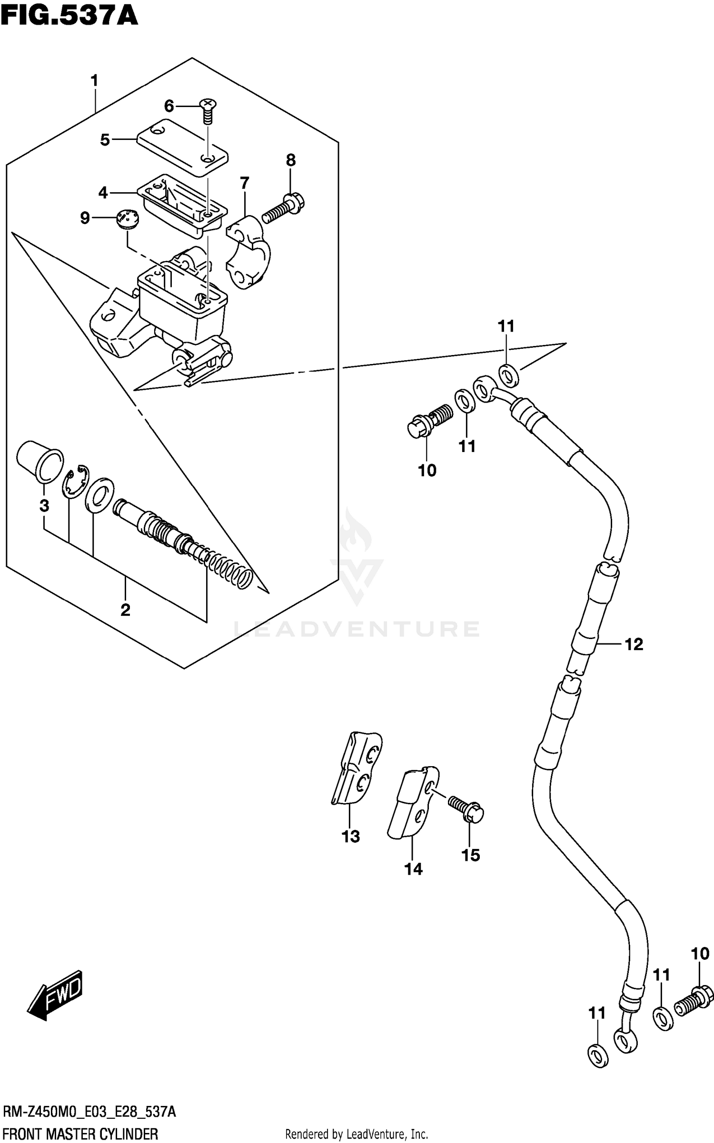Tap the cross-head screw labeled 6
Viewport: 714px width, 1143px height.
pyautogui.click(x=207, y=111)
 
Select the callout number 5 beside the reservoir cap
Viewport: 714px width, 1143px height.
pyautogui.click(x=105, y=140)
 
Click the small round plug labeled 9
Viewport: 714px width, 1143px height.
pyautogui.click(x=128, y=220)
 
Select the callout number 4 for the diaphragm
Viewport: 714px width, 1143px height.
pyautogui.click(x=103, y=193)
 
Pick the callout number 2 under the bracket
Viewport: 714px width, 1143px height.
pyautogui.click(x=125, y=610)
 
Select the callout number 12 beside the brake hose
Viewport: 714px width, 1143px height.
pyautogui.click(x=634, y=644)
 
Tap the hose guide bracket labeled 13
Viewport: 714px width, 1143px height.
pyautogui.click(x=357, y=770)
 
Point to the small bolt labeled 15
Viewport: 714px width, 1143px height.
pyautogui.click(x=466, y=809)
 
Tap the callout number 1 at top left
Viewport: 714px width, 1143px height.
pyautogui.click(x=95, y=81)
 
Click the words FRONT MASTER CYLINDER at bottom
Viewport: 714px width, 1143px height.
pyautogui.click(x=80, y=1134)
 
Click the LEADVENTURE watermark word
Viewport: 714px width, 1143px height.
pyautogui.click(x=357, y=630)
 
